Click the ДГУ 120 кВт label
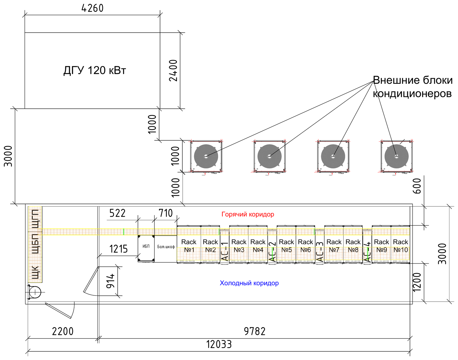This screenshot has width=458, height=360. (x=94, y=70)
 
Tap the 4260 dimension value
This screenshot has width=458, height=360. (x=92, y=8)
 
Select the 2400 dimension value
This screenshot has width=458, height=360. (x=173, y=70)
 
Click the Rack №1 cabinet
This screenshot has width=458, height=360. (x=189, y=245)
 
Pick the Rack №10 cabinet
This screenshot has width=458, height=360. (x=400, y=245)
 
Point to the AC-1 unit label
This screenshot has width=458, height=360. (x=225, y=251)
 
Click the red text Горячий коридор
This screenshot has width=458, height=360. (x=248, y=214)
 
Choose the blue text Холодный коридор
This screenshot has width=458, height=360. (x=249, y=283)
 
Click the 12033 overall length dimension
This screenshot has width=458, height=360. (x=219, y=344)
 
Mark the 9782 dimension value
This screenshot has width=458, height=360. (x=254, y=331)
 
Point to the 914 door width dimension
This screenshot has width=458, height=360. (x=110, y=281)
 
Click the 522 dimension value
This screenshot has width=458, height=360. (x=117, y=213)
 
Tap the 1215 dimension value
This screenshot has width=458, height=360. (x=119, y=249)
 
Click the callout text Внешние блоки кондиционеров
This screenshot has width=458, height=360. (x=412, y=87)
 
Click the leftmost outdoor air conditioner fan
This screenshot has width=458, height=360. (x=206, y=156)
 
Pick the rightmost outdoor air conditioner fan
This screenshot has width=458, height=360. (x=396, y=156)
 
